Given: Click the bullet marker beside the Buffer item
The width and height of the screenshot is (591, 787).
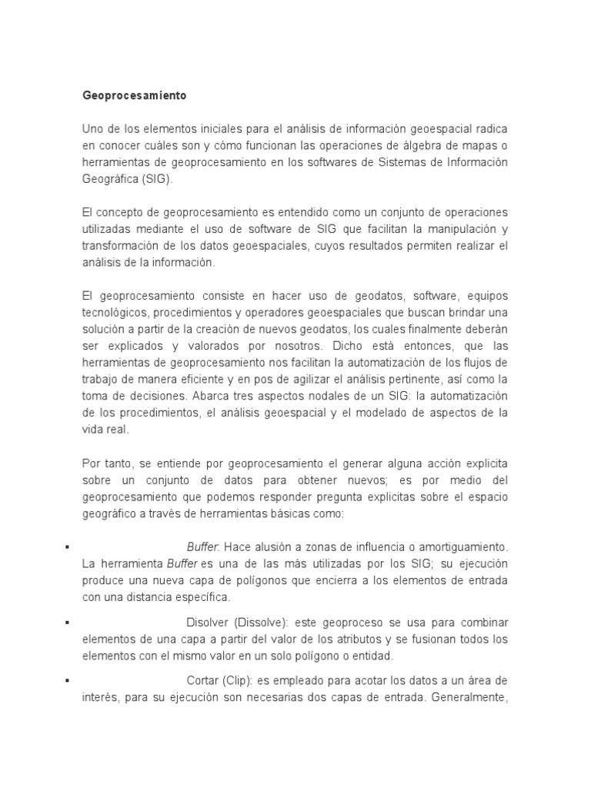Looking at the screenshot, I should (68, 547).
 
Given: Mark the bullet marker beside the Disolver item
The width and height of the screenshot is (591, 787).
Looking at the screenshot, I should (68, 622).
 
